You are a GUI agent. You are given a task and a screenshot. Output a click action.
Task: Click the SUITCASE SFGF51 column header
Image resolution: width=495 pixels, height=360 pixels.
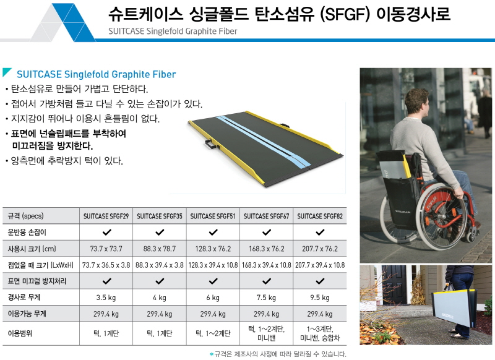click(x=213, y=216)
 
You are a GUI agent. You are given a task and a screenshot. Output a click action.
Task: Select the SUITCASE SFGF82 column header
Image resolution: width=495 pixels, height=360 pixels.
click(x=320, y=216)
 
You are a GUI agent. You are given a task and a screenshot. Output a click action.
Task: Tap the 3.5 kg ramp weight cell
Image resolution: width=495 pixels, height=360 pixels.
click(x=106, y=298)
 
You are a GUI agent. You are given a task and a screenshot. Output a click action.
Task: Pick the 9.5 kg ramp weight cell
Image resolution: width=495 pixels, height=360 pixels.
click(x=320, y=298)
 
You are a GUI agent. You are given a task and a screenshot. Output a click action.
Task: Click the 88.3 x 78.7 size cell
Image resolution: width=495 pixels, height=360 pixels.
click(x=160, y=249)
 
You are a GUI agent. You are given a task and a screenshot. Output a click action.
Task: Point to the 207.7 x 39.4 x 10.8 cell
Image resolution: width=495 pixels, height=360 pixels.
click(x=320, y=265)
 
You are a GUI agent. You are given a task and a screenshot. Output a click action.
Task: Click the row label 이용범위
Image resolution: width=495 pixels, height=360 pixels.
click(x=20, y=333)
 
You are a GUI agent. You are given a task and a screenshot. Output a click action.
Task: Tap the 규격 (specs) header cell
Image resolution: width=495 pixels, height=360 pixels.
click(x=25, y=216)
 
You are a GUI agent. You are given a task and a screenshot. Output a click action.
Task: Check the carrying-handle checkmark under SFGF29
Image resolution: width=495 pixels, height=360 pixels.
click(x=106, y=233)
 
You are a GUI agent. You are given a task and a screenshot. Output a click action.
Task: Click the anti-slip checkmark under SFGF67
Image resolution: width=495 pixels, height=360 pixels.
click(x=267, y=281)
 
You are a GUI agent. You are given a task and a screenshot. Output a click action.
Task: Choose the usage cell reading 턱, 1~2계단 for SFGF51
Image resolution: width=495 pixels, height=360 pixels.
click(x=213, y=333)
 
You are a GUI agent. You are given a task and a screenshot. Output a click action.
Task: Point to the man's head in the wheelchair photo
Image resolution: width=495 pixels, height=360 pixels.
click(x=416, y=103)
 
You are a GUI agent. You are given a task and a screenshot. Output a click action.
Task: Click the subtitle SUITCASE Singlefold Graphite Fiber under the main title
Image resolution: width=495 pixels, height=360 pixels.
click(x=173, y=31)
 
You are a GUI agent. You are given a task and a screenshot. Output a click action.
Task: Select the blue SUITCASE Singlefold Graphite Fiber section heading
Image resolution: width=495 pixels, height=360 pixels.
click(x=97, y=74)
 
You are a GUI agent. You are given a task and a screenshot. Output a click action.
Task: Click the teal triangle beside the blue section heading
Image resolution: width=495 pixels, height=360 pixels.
click(x=6, y=72)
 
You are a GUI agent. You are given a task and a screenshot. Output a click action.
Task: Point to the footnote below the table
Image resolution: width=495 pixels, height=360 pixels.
click(x=278, y=354)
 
